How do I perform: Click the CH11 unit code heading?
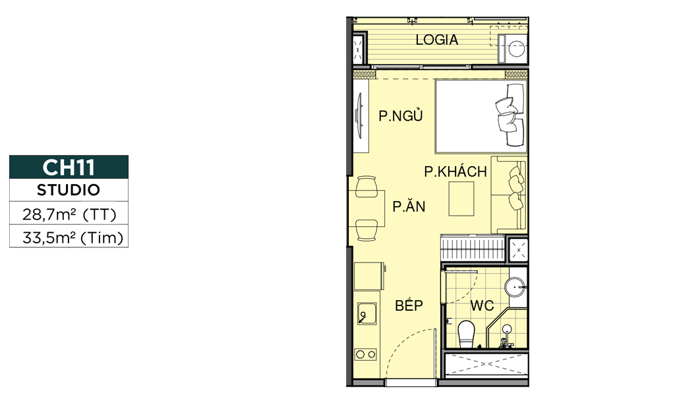[69, 167]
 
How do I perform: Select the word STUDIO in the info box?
[69, 190]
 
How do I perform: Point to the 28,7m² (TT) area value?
[69, 214]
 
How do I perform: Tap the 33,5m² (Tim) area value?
[73, 237]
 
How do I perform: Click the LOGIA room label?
[437, 40]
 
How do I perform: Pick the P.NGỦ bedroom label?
[401, 115]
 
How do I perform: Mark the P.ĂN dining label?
[409, 206]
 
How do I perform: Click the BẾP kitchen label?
[409, 305]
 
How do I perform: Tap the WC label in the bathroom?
[482, 306]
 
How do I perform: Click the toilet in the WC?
[465, 334]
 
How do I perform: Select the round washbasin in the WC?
[515, 286]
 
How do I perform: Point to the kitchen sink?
[367, 313]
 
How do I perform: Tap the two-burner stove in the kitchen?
[366, 354]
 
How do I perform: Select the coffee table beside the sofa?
[461, 199]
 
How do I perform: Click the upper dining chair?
[366, 186]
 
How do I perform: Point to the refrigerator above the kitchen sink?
[370, 276]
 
